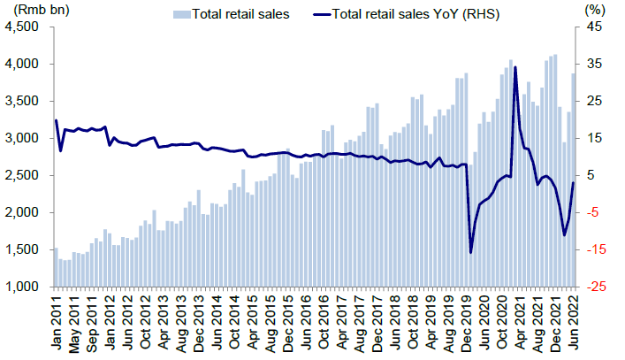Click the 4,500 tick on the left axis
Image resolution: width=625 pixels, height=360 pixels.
[x=24, y=27]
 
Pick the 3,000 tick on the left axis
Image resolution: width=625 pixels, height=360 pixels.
[x=24, y=138]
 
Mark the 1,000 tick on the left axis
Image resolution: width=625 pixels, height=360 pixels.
[x=24, y=287]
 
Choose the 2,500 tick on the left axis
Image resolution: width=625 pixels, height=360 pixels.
[x=24, y=175]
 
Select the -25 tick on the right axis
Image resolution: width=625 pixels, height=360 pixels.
[x=595, y=287]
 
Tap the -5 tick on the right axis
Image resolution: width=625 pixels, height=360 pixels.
[x=593, y=212]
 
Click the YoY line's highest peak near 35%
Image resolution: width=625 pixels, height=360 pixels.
[x=514, y=67]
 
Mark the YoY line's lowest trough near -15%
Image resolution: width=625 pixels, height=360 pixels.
[x=470, y=252]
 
